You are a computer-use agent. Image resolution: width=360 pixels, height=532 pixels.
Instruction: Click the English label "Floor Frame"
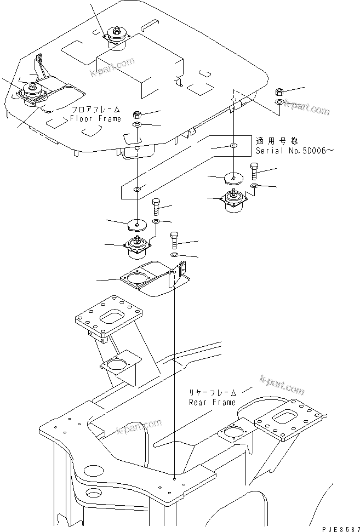pyautogui.click(x=95, y=118)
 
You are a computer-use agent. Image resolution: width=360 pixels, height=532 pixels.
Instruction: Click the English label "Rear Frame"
pyautogui.click(x=212, y=402)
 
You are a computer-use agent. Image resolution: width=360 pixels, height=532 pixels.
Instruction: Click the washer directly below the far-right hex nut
pyautogui.click(x=279, y=102)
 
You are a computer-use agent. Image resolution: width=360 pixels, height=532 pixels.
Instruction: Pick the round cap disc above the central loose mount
pyautogui.click(x=137, y=225)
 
